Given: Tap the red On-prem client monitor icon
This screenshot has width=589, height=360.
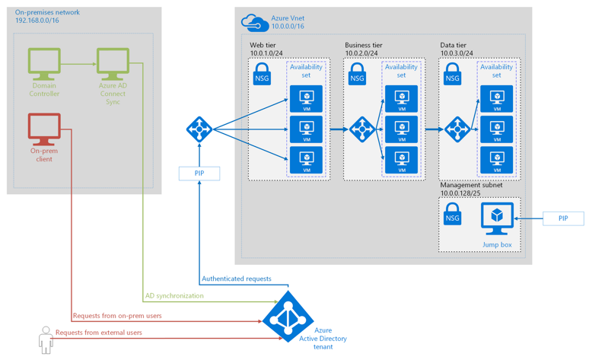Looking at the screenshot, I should [x=44, y=129].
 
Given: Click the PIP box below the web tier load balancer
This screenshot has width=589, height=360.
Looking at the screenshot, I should [x=199, y=174].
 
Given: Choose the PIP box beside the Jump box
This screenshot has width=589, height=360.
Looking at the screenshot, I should [x=563, y=218].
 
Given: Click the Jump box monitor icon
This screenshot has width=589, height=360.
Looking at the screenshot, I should [x=497, y=219].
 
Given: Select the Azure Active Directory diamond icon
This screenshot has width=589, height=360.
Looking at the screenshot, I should [x=288, y=317].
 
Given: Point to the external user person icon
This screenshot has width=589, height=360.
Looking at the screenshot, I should [x=46, y=340].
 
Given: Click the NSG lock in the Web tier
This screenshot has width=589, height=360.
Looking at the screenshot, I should [x=261, y=74].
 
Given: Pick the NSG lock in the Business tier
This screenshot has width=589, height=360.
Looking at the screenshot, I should [x=357, y=74].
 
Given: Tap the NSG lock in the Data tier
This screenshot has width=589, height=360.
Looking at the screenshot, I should [x=452, y=74].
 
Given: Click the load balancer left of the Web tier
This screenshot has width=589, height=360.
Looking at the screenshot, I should [x=199, y=129].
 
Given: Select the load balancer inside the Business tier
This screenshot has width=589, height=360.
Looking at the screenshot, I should [x=361, y=129].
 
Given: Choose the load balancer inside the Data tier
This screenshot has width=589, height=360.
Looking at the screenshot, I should [x=457, y=129].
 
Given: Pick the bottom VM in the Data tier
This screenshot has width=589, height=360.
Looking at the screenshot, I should [x=497, y=160].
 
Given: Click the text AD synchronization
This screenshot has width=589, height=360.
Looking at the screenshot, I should [x=174, y=295].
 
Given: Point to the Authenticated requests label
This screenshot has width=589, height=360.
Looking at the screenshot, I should [x=236, y=279].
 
